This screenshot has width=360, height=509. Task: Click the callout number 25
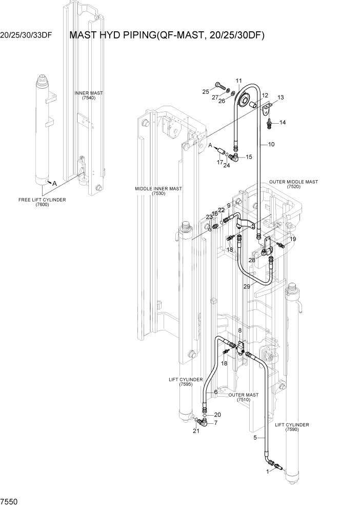206,91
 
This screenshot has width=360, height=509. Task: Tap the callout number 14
283,123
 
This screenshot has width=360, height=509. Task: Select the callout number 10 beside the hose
271,145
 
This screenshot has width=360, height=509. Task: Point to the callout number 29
247,286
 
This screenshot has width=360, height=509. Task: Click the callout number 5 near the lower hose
255,438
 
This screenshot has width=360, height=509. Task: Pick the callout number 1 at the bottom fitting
267,471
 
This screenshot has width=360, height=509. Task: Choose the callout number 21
195,430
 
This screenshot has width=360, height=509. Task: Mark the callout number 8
239,331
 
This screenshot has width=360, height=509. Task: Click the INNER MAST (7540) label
89,95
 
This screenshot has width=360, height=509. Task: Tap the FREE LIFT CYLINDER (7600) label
42,202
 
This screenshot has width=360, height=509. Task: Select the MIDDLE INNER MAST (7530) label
158,191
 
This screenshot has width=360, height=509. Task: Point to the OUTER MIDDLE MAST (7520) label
294,184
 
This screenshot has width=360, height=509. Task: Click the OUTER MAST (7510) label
244,397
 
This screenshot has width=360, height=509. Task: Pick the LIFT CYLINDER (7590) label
292,427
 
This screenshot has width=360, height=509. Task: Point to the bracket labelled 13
267,109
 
